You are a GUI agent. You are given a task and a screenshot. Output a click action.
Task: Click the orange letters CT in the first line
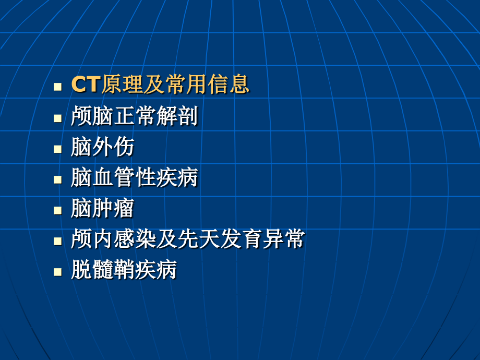[85, 85]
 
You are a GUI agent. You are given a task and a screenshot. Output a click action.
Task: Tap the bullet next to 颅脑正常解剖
[57, 118]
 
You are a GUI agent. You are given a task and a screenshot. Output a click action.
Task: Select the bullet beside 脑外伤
[57, 149]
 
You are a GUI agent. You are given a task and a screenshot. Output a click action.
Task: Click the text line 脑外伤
[103, 147]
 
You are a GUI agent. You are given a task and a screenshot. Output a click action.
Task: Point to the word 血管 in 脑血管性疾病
[118, 178]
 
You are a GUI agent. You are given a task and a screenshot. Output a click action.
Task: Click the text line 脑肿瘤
[103, 209]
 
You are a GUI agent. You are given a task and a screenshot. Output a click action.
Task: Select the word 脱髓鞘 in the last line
[103, 270]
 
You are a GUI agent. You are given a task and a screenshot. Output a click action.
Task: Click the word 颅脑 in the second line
[87, 116]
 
